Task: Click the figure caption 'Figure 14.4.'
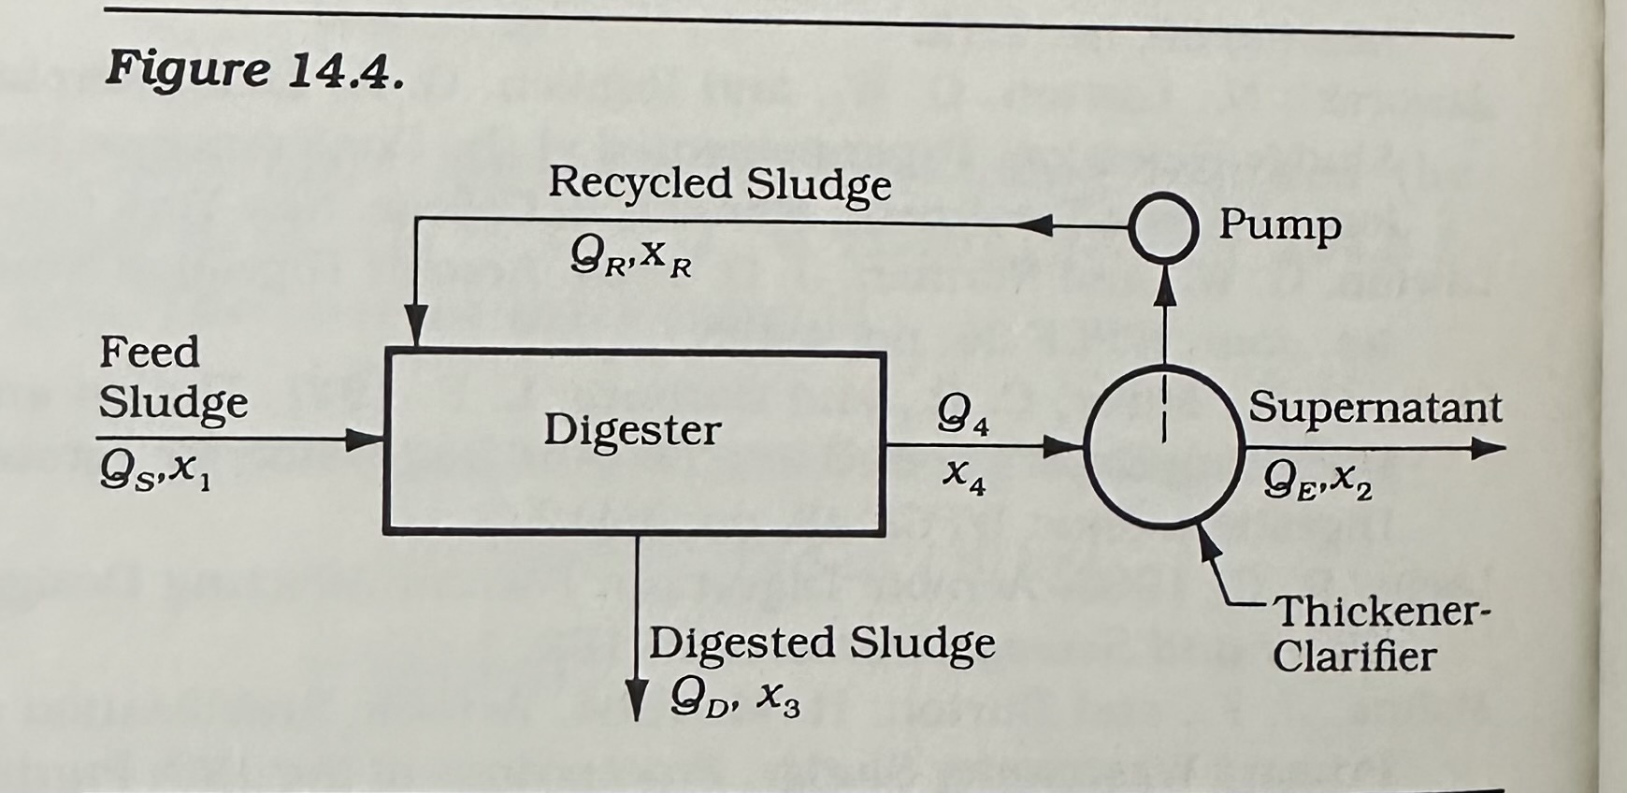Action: coord(254,69)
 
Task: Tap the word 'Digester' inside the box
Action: coord(632,431)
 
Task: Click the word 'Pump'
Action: coord(1279,225)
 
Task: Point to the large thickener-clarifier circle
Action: coord(1163,446)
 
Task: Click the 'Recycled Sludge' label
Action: coord(719,184)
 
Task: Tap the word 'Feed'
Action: coord(150,353)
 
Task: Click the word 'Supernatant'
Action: coord(1375,408)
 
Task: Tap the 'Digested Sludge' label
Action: coord(822,643)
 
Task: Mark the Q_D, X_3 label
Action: coord(735,696)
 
